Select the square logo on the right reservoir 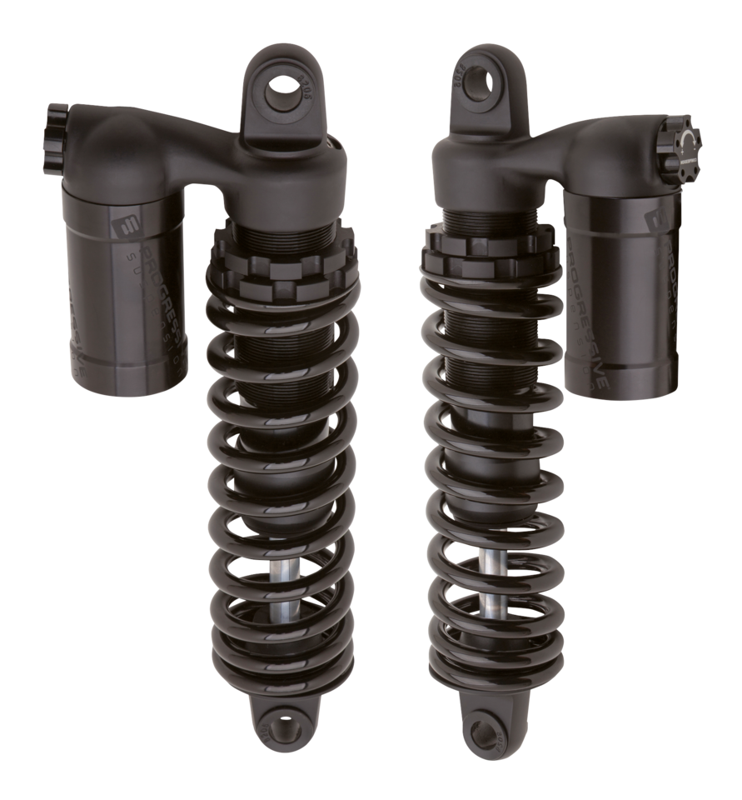click(x=655, y=218)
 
